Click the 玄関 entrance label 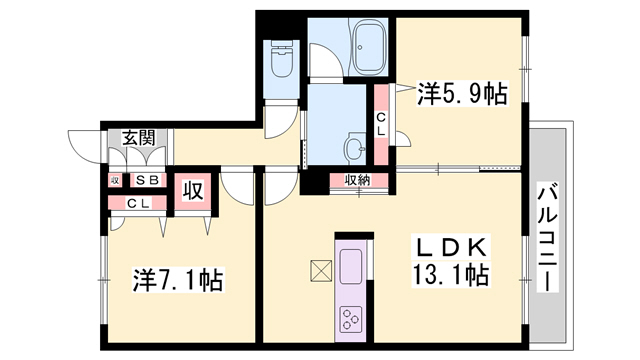coord(140,138)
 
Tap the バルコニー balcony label coord(547,238)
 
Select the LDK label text coord(451,247)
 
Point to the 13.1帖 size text coord(451,275)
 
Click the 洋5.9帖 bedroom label coord(462,94)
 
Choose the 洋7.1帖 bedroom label coord(178,280)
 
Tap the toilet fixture coord(281,59)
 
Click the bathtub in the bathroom coord(369,47)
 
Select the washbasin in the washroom coord(354,147)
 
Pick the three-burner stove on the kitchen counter coord(351,319)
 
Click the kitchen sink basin coord(351,266)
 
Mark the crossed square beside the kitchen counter coord(321,271)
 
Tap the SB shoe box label coord(147,180)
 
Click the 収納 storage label coord(358,180)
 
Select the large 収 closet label coord(193,191)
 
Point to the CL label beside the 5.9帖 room coord(380,124)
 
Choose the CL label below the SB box coord(139,203)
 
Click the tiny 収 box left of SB coord(115,180)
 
